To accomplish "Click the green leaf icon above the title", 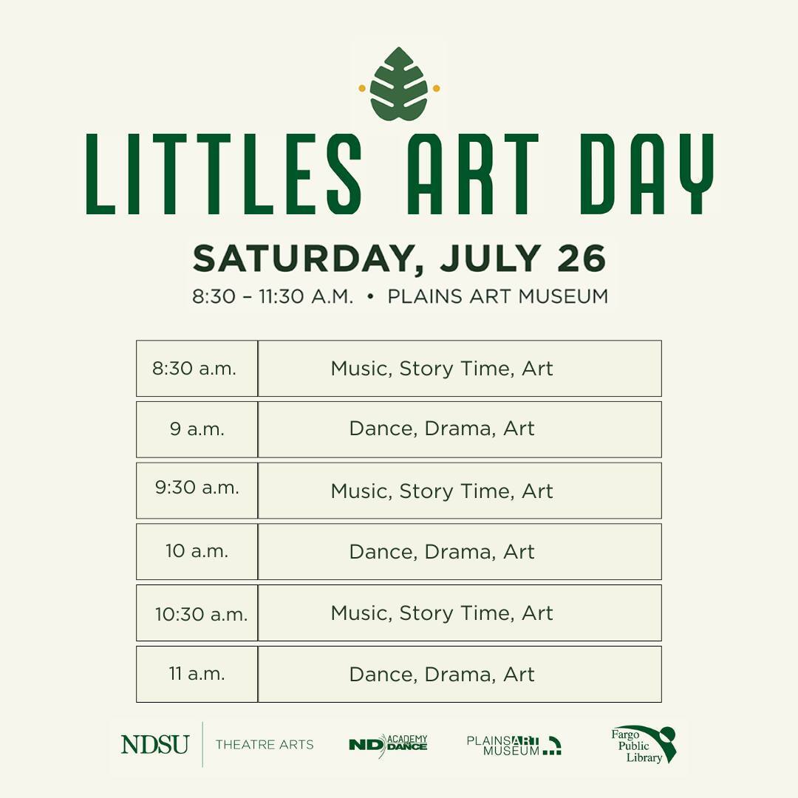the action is (x=398, y=84).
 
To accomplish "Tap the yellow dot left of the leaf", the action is (x=362, y=89).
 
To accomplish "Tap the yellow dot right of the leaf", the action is (x=436, y=89).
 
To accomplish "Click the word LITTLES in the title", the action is (x=224, y=174).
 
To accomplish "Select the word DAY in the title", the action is (x=647, y=174).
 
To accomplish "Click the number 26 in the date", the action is (x=582, y=258).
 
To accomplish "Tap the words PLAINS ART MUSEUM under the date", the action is (x=498, y=296).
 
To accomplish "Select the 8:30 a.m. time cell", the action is (x=197, y=369).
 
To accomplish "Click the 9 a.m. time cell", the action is (x=197, y=429).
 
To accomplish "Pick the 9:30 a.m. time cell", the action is (x=197, y=491).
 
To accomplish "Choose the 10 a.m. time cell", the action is (x=197, y=552).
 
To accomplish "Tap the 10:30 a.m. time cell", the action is (x=197, y=613).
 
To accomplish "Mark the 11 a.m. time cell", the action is (x=197, y=675).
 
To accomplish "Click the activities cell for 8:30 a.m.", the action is (x=460, y=369).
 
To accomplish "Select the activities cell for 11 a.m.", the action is (x=460, y=675).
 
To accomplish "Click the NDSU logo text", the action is (x=155, y=745).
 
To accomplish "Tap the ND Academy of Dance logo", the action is (x=389, y=745).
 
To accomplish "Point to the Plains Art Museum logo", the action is (x=514, y=746).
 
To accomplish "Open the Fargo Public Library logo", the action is (x=644, y=745).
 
